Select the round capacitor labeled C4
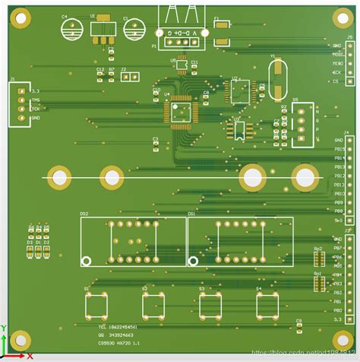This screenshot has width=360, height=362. coord(73,29)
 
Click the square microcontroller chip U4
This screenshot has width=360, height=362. coord(181,110)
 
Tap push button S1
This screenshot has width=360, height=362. coord(96,306)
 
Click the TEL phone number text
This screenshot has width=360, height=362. coord(118,326)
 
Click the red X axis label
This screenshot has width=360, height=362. coord(30,355)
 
